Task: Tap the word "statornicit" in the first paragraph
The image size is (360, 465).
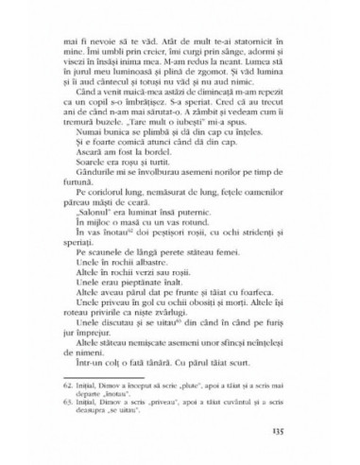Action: click(249, 42)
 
